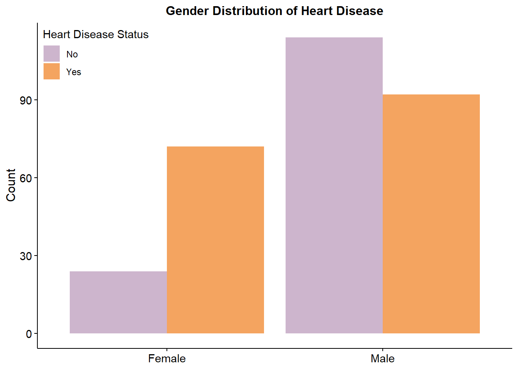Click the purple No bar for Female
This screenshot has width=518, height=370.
coord(118,302)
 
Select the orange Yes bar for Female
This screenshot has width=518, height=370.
coord(215,240)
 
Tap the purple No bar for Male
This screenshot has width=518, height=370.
coord(334,185)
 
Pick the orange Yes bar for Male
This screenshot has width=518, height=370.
coord(431,214)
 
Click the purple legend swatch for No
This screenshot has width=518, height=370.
coord(52,54)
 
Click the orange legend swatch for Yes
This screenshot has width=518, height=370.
coord(52,72)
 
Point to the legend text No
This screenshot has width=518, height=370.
coord(72,54)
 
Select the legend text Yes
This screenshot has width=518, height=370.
coord(74,72)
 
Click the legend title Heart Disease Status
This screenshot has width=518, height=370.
coord(96,35)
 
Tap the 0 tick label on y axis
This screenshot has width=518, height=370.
coord(29,334)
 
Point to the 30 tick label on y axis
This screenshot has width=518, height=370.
coord(26,256)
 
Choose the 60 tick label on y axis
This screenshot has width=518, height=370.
coord(26,178)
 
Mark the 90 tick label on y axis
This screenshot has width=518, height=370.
coord(26,100)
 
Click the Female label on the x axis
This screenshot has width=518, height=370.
coord(167,359)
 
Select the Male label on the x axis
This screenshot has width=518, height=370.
coord(383,359)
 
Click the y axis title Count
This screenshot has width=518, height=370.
coord(11,185)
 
